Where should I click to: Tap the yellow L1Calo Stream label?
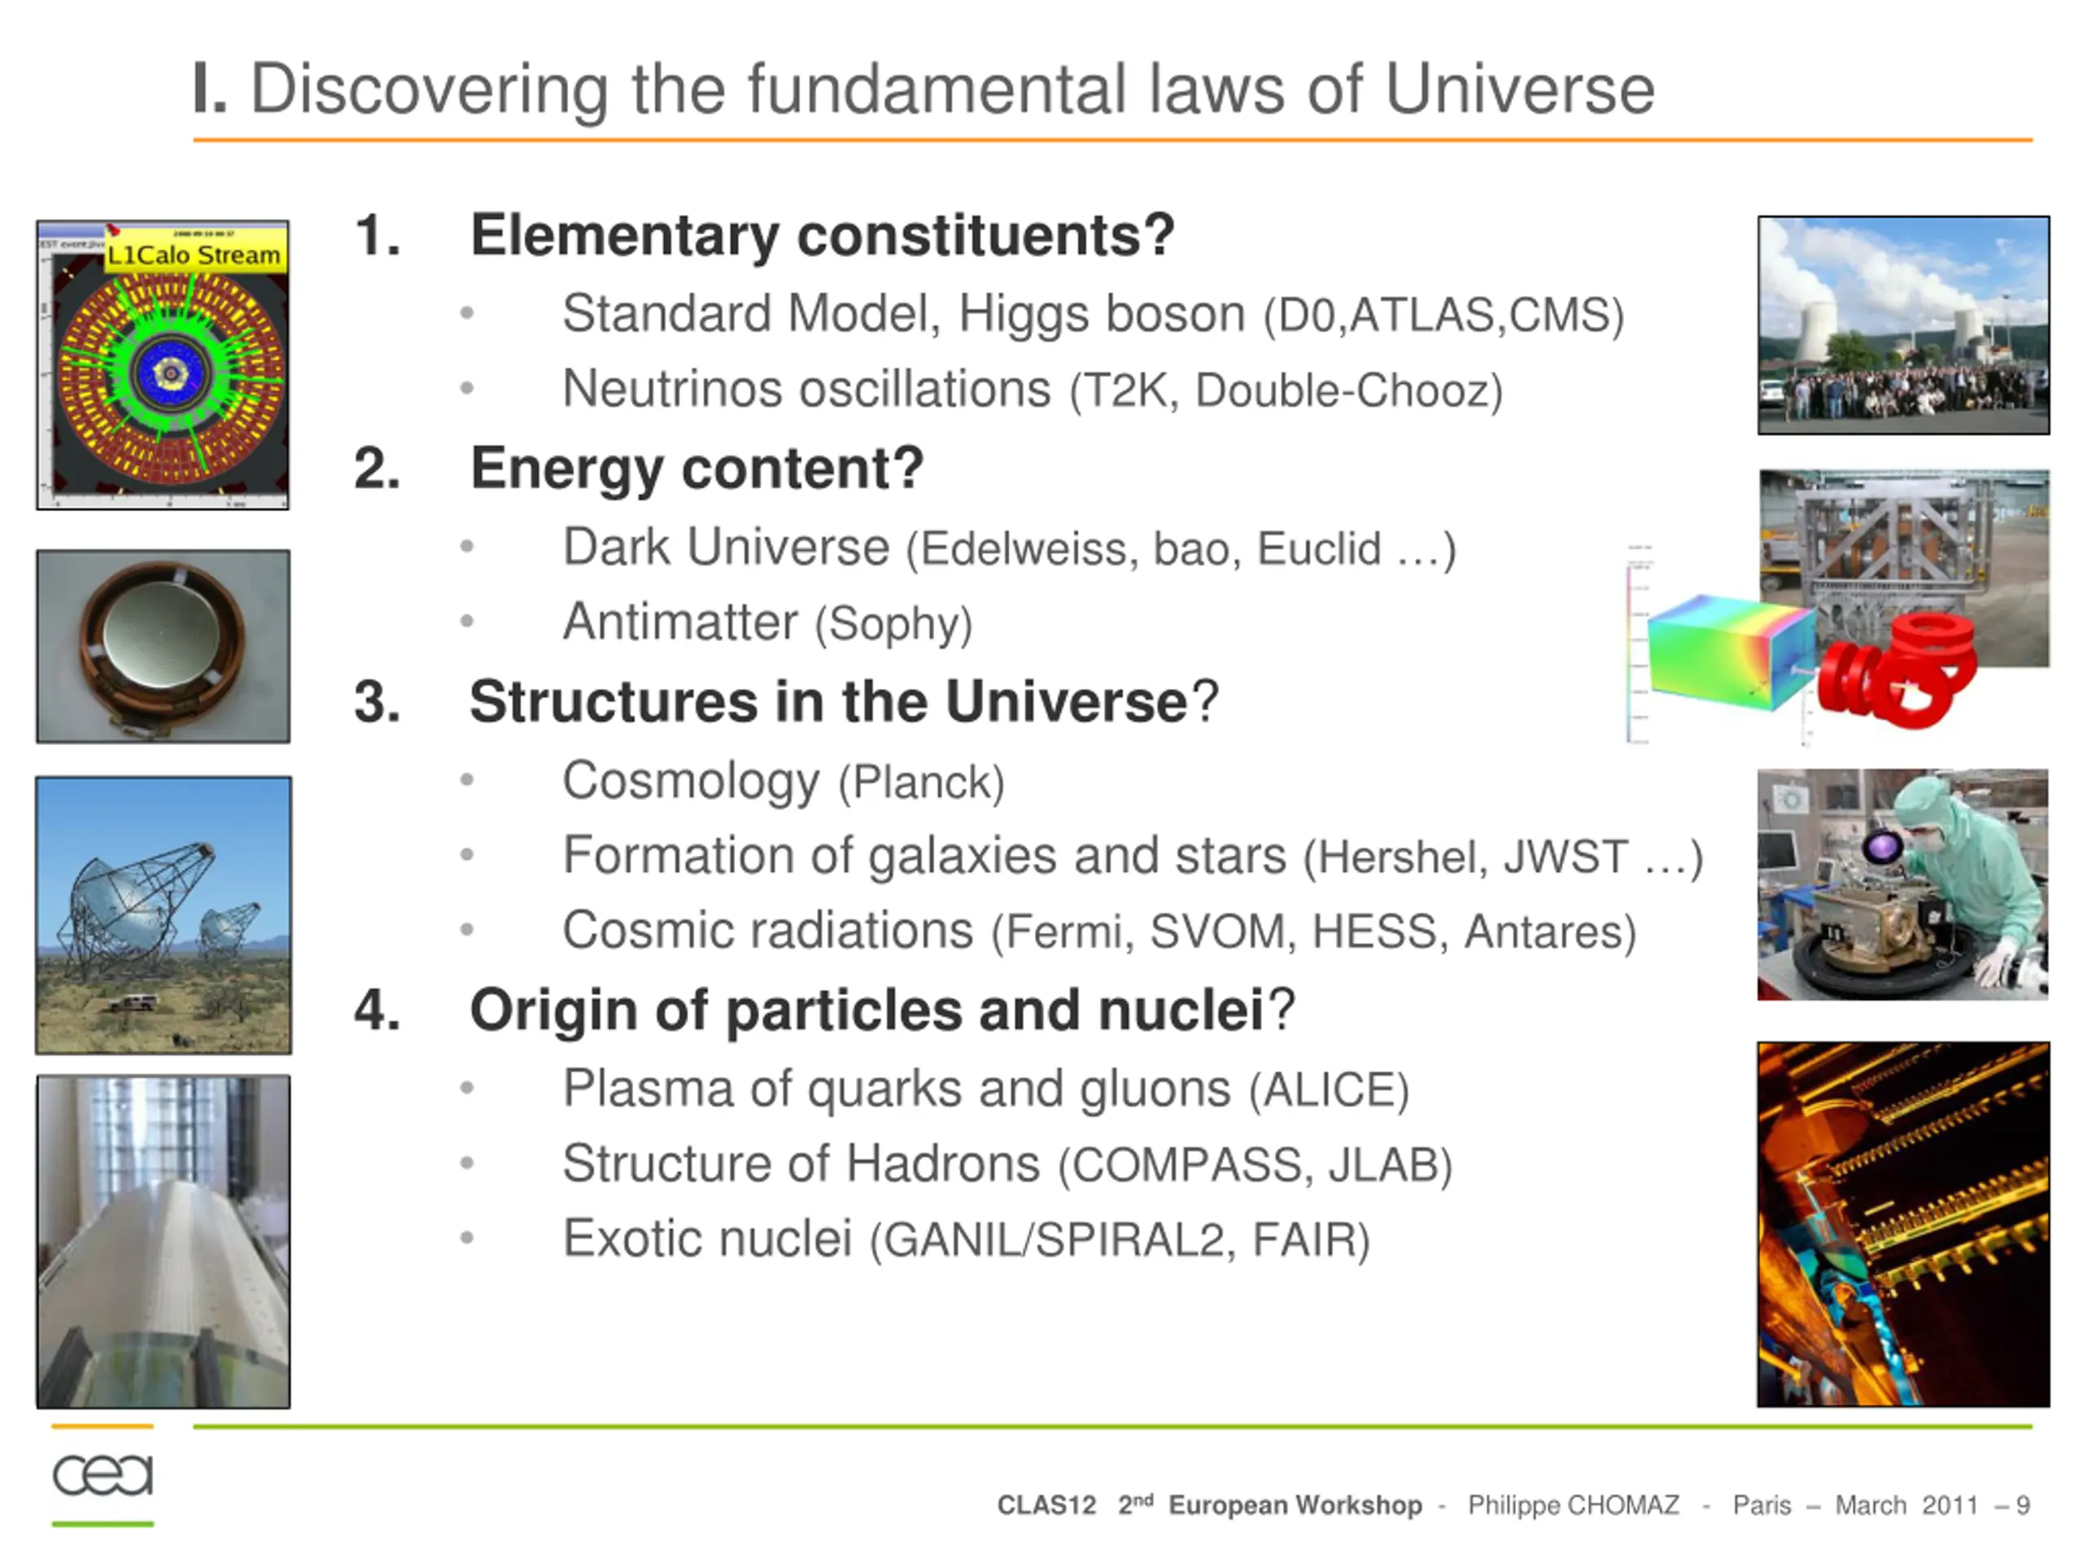tap(194, 254)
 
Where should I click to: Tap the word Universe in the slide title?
tap(1519, 90)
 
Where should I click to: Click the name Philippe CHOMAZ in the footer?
tap(1573, 1504)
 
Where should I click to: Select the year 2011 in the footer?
tap(1950, 1504)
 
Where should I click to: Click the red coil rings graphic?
tap(1895, 669)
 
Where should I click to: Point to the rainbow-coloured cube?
tap(1731, 652)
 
